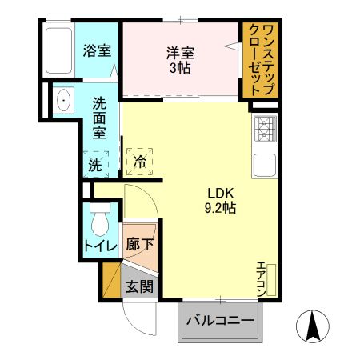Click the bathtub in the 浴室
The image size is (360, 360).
(x=59, y=50)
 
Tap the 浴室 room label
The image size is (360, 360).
(x=97, y=51)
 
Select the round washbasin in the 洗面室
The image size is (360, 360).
(x=62, y=100)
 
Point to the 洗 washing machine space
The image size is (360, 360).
(x=94, y=165)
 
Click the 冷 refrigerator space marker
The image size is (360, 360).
(x=140, y=160)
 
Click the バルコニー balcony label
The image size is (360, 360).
(x=221, y=321)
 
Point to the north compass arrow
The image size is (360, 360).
(x=314, y=325)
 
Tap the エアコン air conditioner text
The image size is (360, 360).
(x=261, y=279)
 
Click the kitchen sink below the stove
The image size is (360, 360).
(x=265, y=166)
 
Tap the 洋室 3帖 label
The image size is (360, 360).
(x=181, y=61)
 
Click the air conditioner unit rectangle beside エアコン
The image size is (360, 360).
(x=271, y=279)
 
